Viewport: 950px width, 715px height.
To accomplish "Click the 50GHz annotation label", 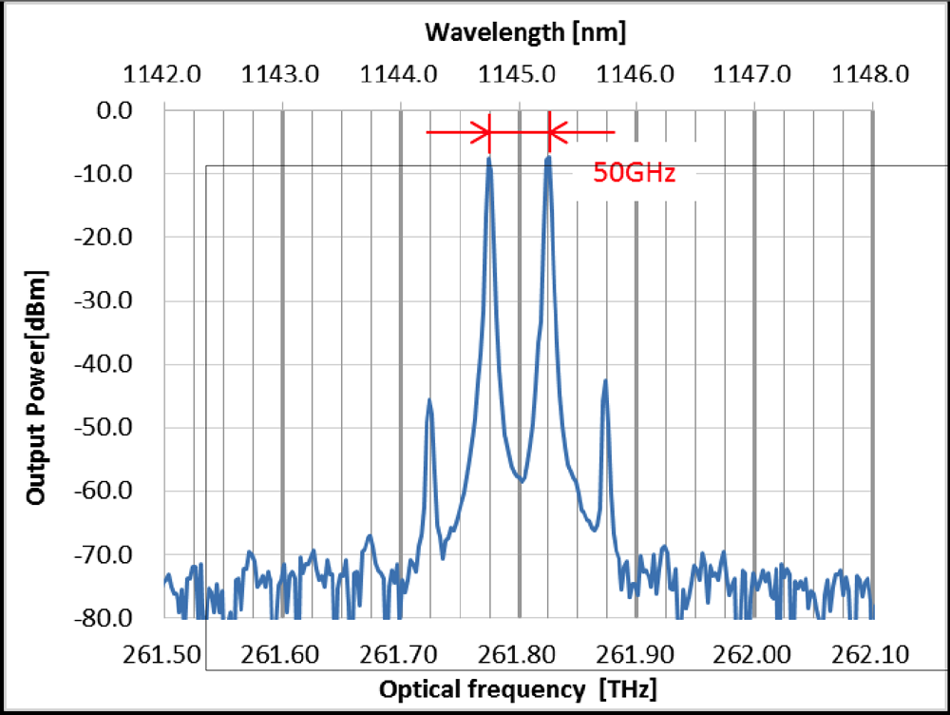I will point(634,173).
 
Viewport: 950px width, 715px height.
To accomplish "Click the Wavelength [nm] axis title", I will point(525,32).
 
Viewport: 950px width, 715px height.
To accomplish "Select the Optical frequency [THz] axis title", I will point(518,689).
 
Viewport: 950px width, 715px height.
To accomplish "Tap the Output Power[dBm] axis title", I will point(36,387).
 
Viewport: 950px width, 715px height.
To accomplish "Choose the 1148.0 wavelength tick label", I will point(871,73).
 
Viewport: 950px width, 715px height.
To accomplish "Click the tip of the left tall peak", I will point(489,158).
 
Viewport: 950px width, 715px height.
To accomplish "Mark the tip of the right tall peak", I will point(548,158).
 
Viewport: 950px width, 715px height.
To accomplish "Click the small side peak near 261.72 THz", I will point(429,400).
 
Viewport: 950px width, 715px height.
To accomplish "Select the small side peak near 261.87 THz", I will point(605,381).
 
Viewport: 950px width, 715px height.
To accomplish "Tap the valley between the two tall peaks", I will point(521,481).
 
